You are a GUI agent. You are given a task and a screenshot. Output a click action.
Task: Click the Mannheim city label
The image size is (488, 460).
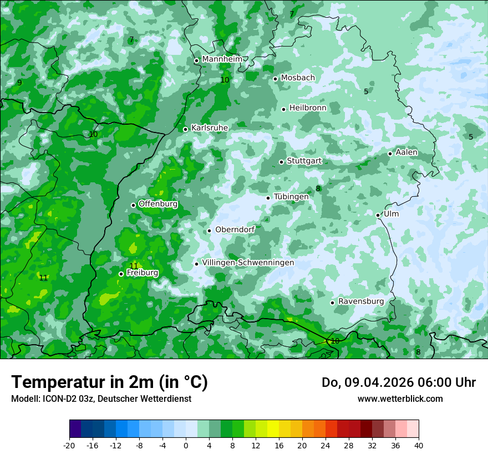222,59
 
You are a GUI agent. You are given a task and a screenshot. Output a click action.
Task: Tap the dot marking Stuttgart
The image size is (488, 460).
281,162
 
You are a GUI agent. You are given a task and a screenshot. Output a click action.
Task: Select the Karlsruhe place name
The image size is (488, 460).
210,128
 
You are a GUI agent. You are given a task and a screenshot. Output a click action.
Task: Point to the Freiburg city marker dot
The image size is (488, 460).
121,274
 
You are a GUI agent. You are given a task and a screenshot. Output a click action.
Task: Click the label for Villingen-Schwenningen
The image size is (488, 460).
248,263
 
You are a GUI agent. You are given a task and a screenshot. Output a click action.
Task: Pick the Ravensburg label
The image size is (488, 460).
361,301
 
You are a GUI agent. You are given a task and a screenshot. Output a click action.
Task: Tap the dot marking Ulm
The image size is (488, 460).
378,215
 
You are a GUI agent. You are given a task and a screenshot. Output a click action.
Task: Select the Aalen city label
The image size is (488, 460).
406,152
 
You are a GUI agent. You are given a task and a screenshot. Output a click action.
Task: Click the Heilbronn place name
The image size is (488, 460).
308,108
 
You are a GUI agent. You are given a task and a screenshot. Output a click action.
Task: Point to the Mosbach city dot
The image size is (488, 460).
275,79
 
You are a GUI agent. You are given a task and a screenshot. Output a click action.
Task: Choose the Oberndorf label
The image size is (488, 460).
235,230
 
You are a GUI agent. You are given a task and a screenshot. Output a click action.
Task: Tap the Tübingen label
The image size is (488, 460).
291,197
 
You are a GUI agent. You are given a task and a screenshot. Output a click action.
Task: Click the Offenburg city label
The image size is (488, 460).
158,204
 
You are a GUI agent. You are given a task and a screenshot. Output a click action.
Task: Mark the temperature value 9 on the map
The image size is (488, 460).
19,83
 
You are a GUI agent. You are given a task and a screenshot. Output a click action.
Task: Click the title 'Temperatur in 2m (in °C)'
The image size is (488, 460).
109,382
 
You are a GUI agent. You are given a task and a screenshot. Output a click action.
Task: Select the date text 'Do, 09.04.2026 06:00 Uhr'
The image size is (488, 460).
399,382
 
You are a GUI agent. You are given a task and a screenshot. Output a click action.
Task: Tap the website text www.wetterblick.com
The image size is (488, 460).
400,398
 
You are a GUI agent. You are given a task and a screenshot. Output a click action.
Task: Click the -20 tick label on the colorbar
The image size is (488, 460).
69,445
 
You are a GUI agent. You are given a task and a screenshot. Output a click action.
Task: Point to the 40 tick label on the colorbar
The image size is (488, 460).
418,445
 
